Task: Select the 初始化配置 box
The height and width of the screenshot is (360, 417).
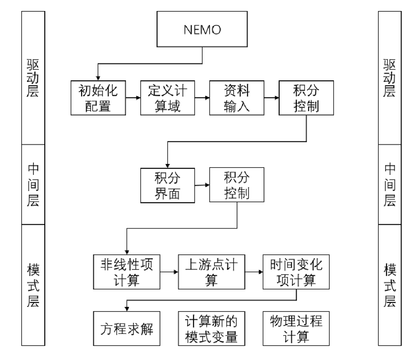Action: tap(98, 98)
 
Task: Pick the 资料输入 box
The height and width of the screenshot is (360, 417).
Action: tap(236, 98)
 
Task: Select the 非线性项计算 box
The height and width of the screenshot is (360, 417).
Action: tap(127, 271)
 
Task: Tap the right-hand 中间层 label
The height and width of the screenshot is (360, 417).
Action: tap(389, 184)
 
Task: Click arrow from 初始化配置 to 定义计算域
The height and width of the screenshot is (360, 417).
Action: tap(133, 98)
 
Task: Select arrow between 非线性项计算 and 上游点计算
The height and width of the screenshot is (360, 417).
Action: tap(170, 271)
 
